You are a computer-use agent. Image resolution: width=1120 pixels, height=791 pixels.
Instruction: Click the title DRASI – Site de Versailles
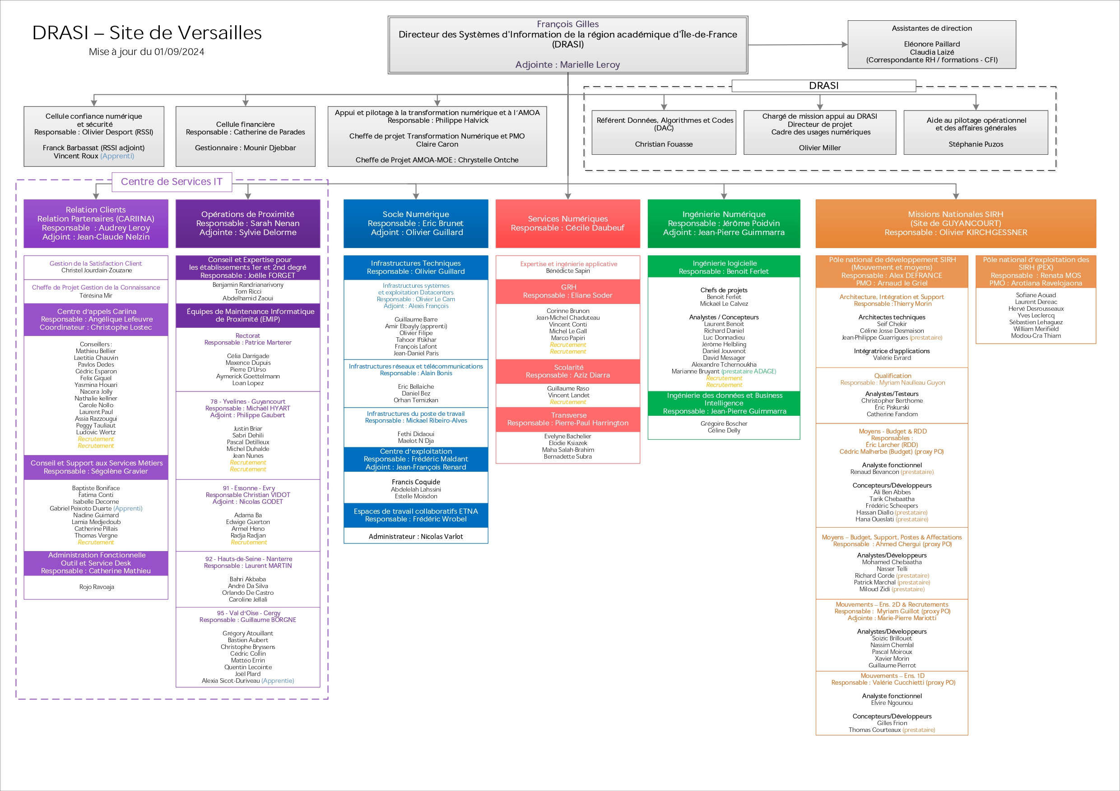tap(147, 32)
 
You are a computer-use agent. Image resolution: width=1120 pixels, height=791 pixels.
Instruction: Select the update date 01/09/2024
tap(179, 52)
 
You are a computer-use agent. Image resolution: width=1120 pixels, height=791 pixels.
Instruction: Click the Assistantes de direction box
tap(931, 44)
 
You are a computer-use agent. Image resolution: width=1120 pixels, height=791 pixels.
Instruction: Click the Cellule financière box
tap(246, 136)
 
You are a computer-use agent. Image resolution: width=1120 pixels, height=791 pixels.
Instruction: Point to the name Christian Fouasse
tap(664, 144)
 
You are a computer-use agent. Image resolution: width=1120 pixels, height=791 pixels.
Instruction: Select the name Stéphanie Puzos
tap(976, 144)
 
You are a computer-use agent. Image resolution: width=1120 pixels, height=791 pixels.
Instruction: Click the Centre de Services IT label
tap(171, 182)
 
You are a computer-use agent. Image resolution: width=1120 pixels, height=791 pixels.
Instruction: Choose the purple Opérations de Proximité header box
tap(248, 223)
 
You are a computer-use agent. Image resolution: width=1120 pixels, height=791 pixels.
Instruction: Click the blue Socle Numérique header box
tap(416, 223)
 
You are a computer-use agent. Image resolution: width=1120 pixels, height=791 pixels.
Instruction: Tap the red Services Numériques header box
tap(567, 223)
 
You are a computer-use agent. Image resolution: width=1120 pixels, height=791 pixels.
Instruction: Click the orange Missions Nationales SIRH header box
tap(955, 223)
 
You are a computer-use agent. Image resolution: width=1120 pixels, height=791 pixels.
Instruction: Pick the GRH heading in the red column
tap(568, 287)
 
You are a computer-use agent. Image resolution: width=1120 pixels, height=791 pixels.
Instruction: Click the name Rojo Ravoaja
tap(97, 587)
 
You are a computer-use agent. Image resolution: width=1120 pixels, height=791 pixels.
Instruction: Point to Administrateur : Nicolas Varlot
tap(416, 536)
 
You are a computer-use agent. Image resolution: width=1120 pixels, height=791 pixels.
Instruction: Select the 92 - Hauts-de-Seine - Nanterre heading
tap(248, 559)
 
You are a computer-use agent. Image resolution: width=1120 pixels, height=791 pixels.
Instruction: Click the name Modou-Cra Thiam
tap(1036, 336)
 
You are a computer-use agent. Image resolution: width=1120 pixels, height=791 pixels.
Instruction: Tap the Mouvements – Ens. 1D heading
tap(892, 676)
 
